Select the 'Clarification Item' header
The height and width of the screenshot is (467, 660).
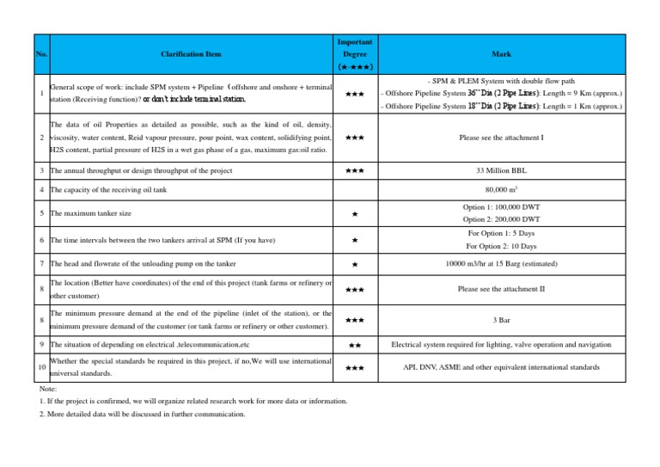(x=191, y=54)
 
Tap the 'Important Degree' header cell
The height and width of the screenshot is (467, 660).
(x=355, y=53)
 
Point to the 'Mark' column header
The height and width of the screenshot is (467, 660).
(x=502, y=54)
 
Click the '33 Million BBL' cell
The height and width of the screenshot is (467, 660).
(x=502, y=170)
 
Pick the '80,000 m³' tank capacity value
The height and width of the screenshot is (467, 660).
(x=502, y=189)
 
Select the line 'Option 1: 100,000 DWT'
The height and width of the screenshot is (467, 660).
(x=502, y=206)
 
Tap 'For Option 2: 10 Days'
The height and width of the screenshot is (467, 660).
(x=502, y=247)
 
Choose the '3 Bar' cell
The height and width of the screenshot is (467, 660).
(x=502, y=319)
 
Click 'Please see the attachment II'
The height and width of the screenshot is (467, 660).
(x=502, y=289)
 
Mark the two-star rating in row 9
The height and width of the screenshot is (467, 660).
(x=355, y=345)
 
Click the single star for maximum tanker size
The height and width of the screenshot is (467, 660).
(x=355, y=212)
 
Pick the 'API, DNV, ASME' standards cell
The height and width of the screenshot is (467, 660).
(x=502, y=368)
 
